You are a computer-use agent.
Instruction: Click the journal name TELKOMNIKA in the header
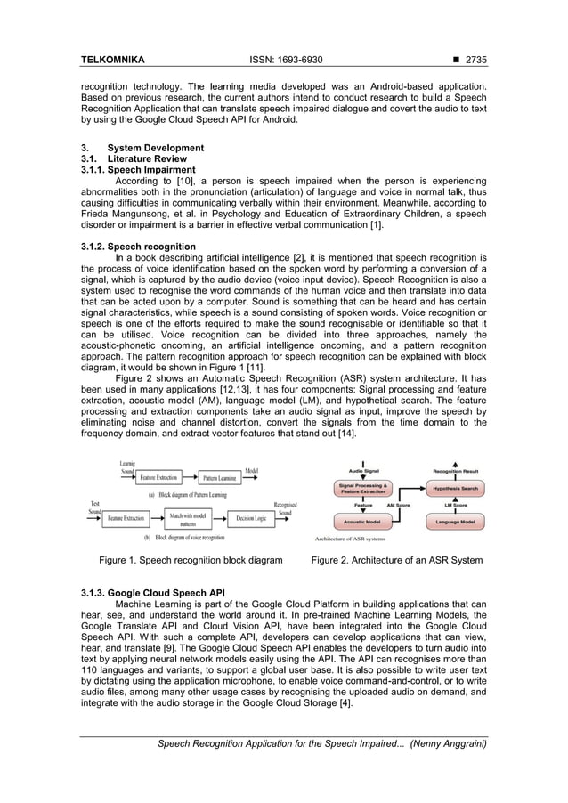tap(112, 60)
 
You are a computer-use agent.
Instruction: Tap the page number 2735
tap(469, 60)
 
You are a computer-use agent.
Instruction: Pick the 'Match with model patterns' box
tap(188, 518)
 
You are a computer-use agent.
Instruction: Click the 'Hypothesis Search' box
tap(455, 489)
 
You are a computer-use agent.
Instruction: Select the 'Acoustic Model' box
tap(361, 521)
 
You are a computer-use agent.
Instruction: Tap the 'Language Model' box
tap(455, 521)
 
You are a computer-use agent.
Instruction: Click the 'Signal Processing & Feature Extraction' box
tap(361, 489)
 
